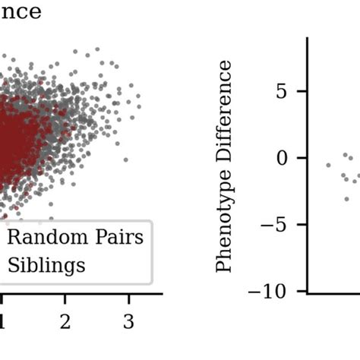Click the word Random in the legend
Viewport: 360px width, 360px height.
click(37, 238)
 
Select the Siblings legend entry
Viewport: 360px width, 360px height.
click(46, 265)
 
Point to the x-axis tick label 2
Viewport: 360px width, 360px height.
click(65, 321)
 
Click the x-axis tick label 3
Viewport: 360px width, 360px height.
click(128, 321)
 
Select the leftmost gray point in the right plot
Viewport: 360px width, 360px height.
click(328, 165)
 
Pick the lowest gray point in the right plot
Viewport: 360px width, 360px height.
click(346, 199)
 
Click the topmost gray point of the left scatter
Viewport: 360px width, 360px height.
click(96, 49)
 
